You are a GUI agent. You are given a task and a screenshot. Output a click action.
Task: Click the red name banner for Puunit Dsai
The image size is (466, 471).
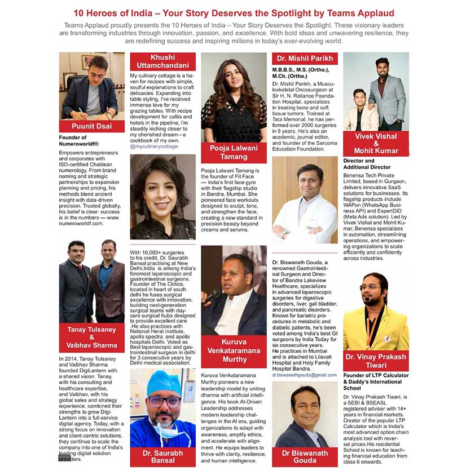point(91,126)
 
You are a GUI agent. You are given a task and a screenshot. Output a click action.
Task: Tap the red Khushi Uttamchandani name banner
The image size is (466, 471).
point(163,61)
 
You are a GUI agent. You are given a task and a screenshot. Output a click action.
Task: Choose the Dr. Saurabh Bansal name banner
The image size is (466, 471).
point(163,456)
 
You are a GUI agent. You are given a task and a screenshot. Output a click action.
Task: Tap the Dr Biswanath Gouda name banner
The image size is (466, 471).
point(305,456)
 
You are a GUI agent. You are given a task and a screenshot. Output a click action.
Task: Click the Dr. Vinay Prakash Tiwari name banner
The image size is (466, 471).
point(375,361)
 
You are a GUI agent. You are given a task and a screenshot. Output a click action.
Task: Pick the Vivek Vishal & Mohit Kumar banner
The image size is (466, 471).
point(375,143)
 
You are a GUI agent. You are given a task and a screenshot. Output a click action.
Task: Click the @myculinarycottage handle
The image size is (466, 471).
point(154,146)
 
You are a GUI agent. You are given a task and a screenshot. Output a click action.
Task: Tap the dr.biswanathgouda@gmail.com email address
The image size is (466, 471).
point(304,374)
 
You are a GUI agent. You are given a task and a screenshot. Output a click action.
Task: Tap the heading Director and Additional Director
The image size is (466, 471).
point(366,164)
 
